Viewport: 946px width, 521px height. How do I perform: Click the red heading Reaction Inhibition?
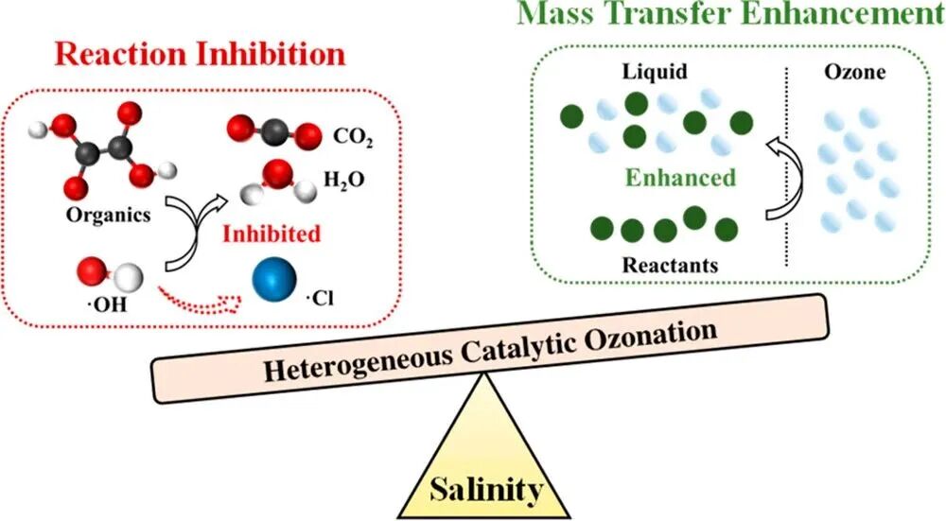(x=201, y=53)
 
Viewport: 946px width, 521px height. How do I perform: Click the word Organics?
(x=109, y=214)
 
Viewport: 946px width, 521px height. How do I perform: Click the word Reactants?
(x=670, y=265)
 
